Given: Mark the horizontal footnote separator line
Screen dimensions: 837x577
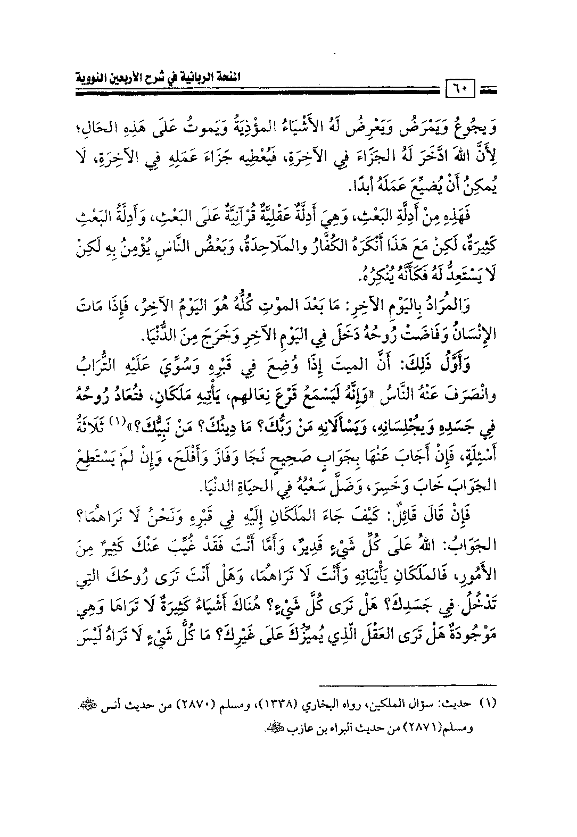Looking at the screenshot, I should [410, 684].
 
